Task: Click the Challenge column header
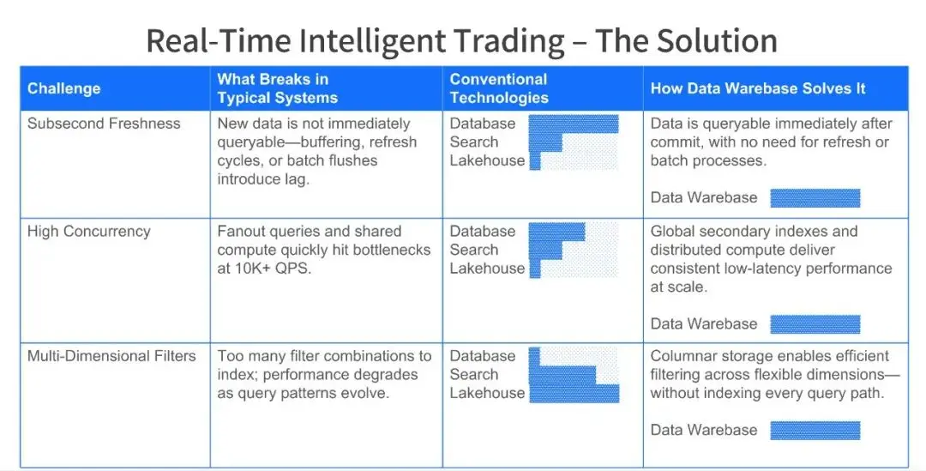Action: click(63, 88)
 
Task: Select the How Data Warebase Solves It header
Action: click(758, 88)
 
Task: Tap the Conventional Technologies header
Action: click(499, 88)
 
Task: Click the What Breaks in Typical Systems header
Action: click(278, 88)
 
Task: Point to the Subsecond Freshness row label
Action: click(104, 124)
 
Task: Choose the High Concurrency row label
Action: click(88, 231)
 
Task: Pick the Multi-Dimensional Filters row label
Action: click(111, 356)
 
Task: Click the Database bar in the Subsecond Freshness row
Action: click(574, 124)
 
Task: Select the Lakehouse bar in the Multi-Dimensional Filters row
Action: click(574, 394)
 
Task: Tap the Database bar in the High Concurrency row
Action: click(557, 232)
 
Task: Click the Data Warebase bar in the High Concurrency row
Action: click(815, 324)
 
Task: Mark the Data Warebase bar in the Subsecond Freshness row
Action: click(815, 198)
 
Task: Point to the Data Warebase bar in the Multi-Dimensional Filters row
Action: click(815, 430)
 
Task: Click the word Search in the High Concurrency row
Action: click(474, 250)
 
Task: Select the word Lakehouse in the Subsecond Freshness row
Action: click(487, 160)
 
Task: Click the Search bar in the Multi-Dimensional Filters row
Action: click(562, 375)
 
